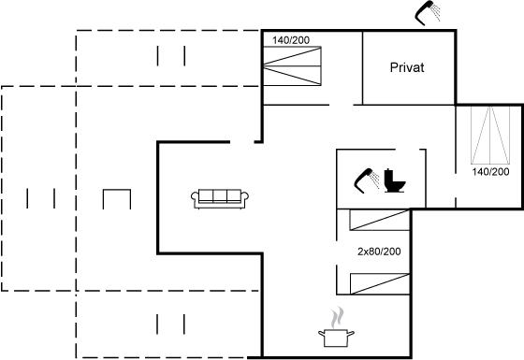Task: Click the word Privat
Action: (407, 67)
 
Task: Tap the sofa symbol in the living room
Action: (220, 199)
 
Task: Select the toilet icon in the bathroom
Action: (394, 180)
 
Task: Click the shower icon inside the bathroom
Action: (367, 180)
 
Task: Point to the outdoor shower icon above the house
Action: (428, 13)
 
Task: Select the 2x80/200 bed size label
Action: (379, 252)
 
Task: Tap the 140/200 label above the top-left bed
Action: (291, 40)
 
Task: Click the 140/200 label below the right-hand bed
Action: (490, 172)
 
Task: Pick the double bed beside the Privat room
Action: (292, 65)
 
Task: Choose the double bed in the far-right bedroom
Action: (490, 135)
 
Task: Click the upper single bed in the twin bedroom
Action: (380, 220)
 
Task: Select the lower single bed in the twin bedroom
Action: (380, 284)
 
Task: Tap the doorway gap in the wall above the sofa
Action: (242, 142)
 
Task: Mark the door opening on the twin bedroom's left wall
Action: (337, 252)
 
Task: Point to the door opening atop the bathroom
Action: (407, 150)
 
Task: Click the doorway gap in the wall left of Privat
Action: (342, 105)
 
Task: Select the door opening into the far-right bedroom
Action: (456, 185)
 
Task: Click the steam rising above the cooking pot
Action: (337, 318)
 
